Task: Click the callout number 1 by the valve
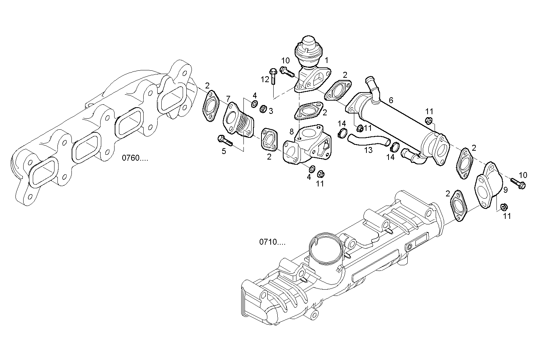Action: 326,60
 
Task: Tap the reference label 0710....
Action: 272,242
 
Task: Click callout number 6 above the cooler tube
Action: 391,100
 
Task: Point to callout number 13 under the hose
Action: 368,150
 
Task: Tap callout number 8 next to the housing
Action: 291,131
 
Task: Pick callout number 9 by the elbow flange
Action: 506,190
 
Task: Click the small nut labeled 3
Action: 263,109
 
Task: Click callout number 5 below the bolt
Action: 224,151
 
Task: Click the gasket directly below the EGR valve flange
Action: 309,111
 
